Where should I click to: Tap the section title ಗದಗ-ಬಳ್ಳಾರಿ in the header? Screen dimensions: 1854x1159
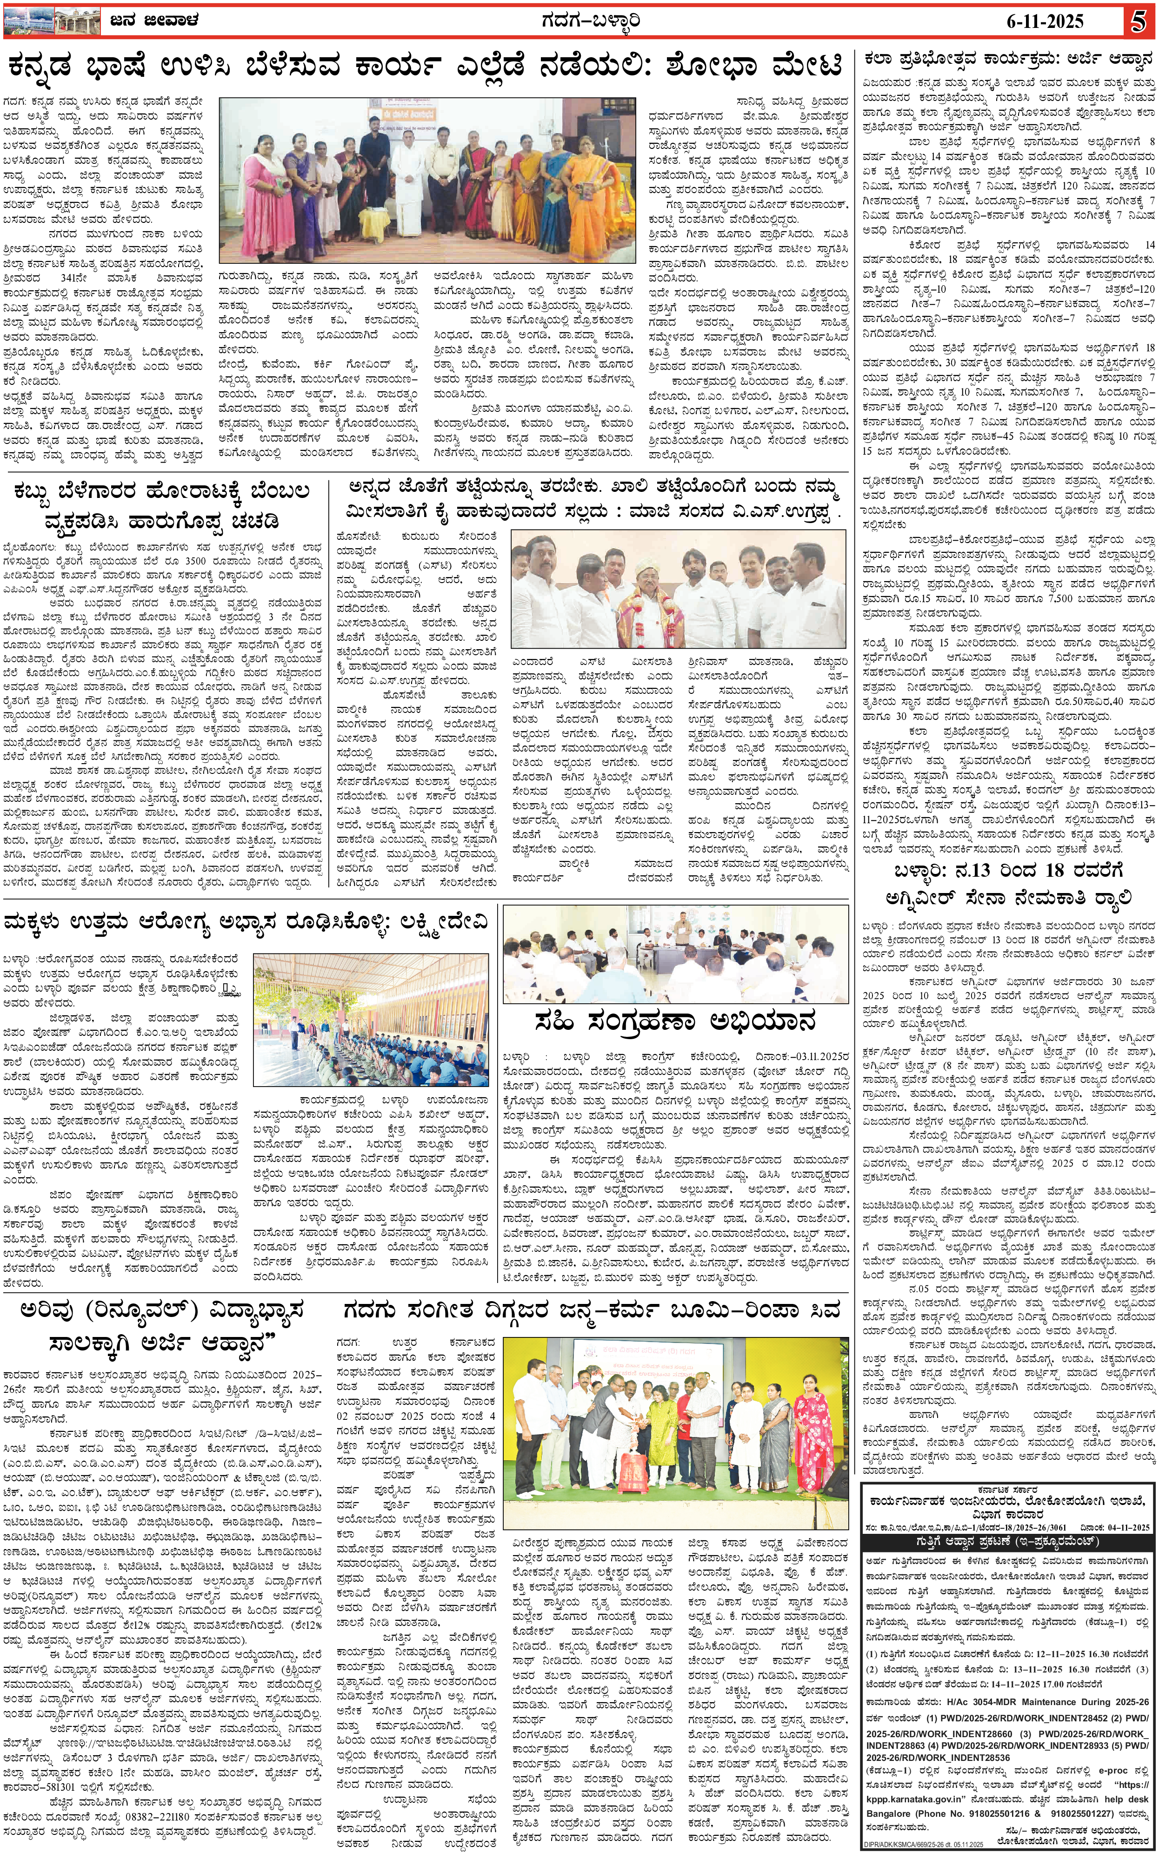578,20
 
